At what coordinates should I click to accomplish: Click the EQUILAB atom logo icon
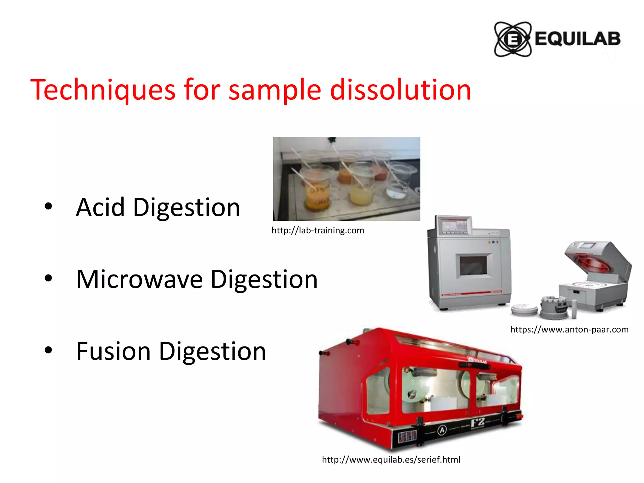(x=513, y=39)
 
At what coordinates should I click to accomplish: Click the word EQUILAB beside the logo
(x=578, y=39)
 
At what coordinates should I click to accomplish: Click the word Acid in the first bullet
(x=100, y=207)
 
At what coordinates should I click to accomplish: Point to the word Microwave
(x=139, y=279)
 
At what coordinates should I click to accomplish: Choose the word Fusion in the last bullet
(x=113, y=351)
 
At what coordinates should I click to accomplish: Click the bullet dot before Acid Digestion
(x=48, y=207)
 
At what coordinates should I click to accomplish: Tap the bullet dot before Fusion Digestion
(x=48, y=350)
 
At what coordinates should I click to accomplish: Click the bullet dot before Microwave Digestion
(x=48, y=278)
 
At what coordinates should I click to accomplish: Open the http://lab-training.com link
(x=318, y=230)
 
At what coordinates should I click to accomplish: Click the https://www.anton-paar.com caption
(x=569, y=330)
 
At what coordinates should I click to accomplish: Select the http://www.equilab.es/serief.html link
(x=391, y=460)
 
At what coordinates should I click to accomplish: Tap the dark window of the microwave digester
(x=473, y=265)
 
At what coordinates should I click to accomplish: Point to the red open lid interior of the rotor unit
(x=594, y=264)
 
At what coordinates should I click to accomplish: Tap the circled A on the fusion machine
(x=442, y=430)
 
